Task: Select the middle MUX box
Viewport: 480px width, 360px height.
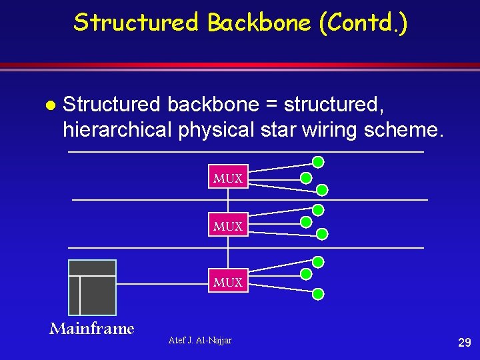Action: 228,225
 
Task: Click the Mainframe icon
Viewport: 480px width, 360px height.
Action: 92,287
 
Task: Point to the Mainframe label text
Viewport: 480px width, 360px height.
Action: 92,328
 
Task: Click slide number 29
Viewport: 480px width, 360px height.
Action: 465,343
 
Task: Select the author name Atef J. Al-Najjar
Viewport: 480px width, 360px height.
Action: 201,341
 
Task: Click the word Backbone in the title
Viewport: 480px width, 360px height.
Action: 259,23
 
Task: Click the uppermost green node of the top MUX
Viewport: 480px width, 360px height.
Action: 318,161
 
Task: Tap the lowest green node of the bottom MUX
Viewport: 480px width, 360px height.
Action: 319,293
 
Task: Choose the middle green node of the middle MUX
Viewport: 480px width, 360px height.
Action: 306,223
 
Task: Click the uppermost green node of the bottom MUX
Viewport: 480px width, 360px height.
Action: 318,261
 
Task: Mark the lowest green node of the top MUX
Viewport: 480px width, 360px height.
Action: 322,190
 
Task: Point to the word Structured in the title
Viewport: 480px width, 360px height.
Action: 136,23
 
